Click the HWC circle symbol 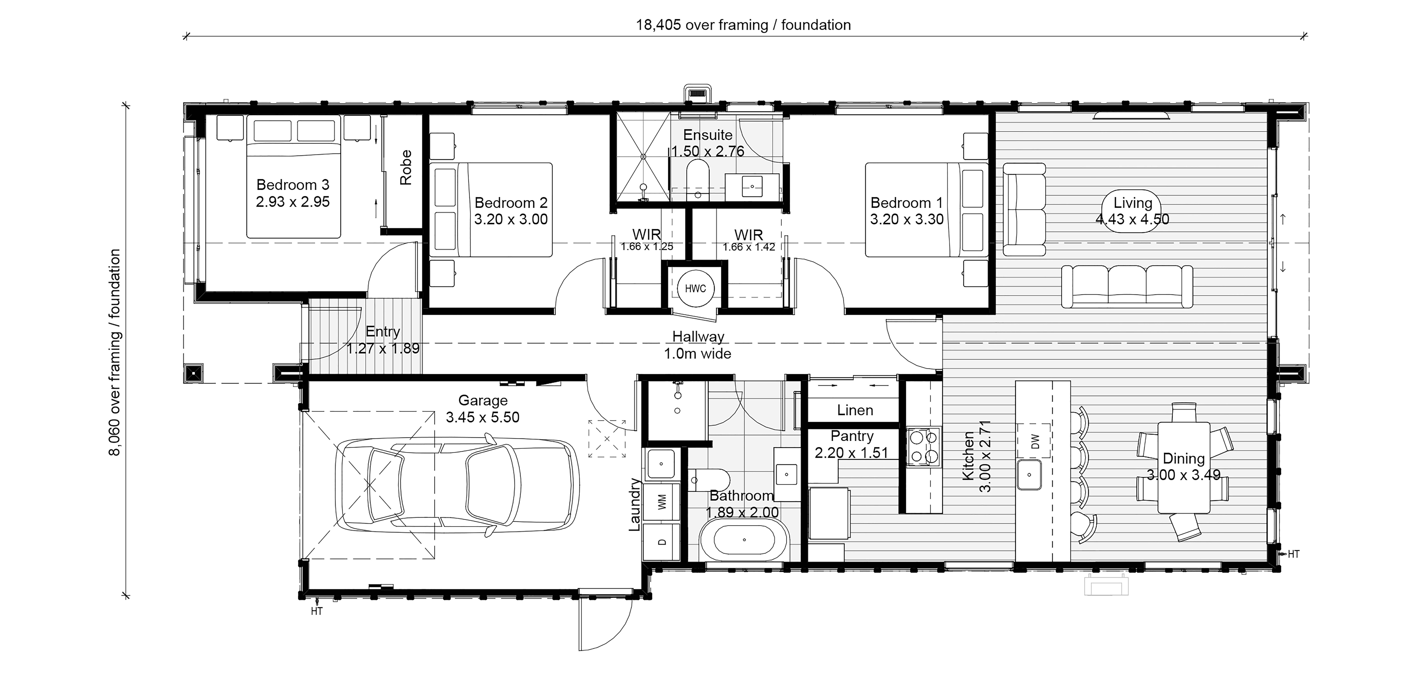(695, 289)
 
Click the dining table (1184, 468)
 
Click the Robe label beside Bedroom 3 (406, 168)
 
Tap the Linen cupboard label (855, 410)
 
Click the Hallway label (698, 336)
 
